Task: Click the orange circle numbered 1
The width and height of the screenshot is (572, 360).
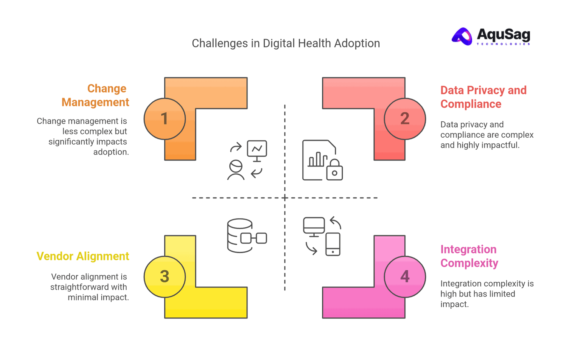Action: [164, 119]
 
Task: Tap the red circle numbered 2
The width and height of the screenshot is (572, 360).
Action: [405, 119]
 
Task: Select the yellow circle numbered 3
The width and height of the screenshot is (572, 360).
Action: [164, 277]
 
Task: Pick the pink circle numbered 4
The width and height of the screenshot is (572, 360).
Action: [405, 277]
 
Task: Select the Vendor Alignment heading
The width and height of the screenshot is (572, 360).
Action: [83, 256]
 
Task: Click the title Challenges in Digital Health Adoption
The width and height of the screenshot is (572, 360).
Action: [286, 44]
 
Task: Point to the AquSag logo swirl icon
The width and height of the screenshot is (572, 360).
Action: [462, 37]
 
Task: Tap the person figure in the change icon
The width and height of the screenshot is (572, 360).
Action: [236, 170]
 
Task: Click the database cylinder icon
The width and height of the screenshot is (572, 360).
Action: [239, 235]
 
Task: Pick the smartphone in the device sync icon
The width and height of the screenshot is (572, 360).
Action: [333, 244]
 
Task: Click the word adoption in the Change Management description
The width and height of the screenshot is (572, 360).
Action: [111, 152]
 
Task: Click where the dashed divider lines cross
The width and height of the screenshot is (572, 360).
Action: [285, 198]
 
